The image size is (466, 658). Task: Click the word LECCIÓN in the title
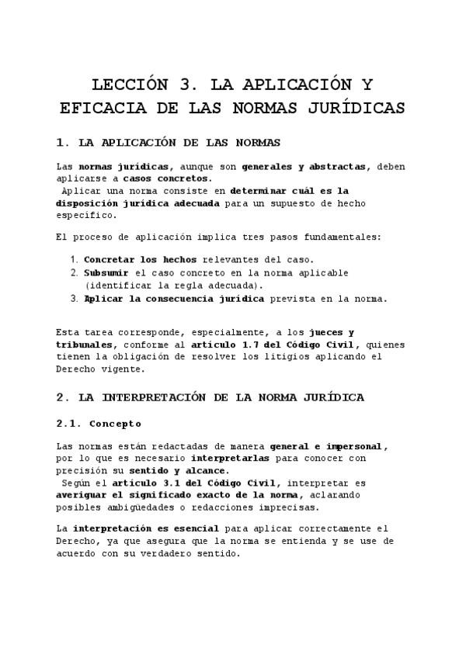pos(129,85)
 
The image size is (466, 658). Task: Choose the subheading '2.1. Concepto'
pos(99,424)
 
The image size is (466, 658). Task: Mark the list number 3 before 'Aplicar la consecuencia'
pos(74,298)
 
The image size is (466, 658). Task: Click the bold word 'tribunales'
pos(86,345)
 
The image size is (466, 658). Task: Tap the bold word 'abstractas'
pos(340,166)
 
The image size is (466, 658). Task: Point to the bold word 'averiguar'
pos(83,495)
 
